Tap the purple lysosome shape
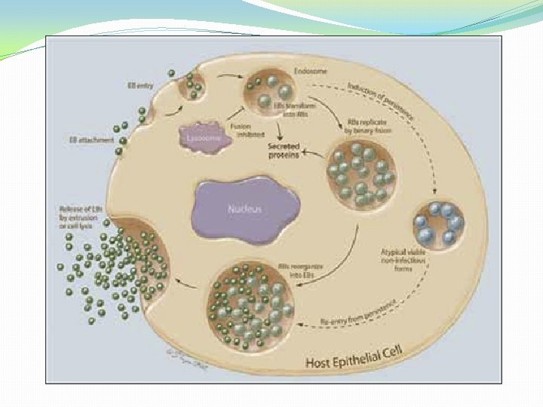(203, 138)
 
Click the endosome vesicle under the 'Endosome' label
(268, 93)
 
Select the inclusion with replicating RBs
(360, 174)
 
